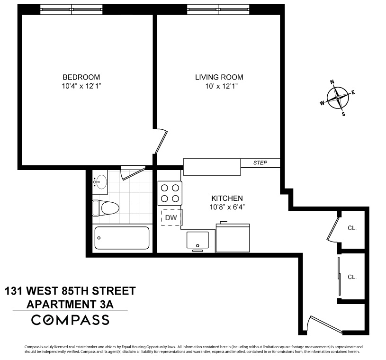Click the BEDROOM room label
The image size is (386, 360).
pyautogui.click(x=81, y=77)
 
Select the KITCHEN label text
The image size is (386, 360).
pyautogui.click(x=227, y=198)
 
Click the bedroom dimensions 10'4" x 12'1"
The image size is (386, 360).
pyautogui.click(x=81, y=86)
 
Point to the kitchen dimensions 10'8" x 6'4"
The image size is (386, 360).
pyautogui.click(x=227, y=207)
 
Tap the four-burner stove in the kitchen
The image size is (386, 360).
pyautogui.click(x=171, y=193)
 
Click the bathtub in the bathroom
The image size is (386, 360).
pyautogui.click(x=122, y=237)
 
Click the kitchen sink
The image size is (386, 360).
pyautogui.click(x=197, y=240)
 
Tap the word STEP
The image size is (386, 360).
pyautogui.click(x=260, y=163)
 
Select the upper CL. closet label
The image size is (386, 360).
pyautogui.click(x=352, y=228)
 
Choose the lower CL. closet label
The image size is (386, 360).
pyautogui.click(x=352, y=277)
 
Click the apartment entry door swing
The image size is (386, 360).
pyautogui.click(x=322, y=324)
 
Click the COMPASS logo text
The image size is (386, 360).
pyautogui.click(x=70, y=320)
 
